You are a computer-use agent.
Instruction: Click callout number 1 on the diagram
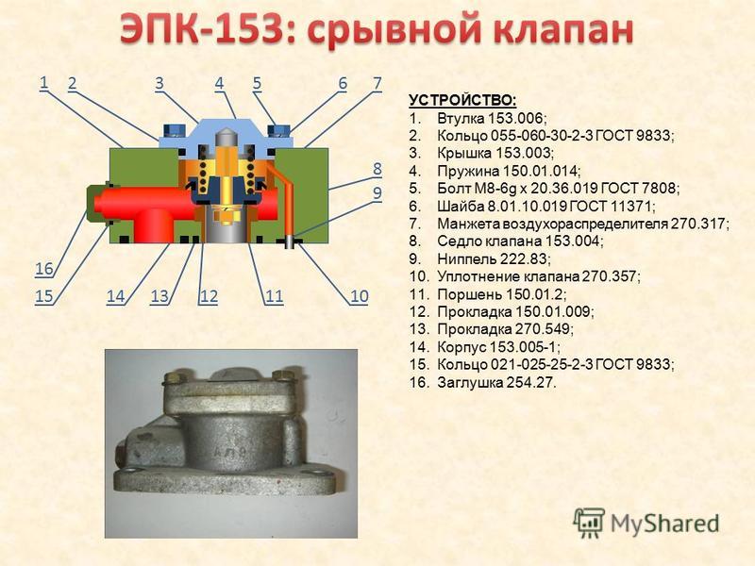(43, 82)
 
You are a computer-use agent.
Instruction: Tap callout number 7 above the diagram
(377, 83)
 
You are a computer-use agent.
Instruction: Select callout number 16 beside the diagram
(44, 268)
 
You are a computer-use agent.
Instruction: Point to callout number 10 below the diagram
(360, 295)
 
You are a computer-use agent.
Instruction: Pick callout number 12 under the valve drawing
(209, 295)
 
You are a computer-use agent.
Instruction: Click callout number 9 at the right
(377, 192)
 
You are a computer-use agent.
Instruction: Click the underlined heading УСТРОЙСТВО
(462, 101)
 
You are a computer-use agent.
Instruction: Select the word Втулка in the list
(461, 118)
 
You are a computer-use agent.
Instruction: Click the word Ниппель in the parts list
(466, 258)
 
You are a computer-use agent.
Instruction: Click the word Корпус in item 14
(461, 347)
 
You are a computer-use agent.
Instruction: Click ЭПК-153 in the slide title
(201, 29)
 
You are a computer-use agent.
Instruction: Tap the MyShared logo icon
(589, 524)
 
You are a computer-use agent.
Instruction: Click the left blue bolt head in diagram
(174, 129)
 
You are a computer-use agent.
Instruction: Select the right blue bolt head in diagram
(279, 129)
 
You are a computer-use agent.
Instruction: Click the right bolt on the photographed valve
(281, 375)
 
